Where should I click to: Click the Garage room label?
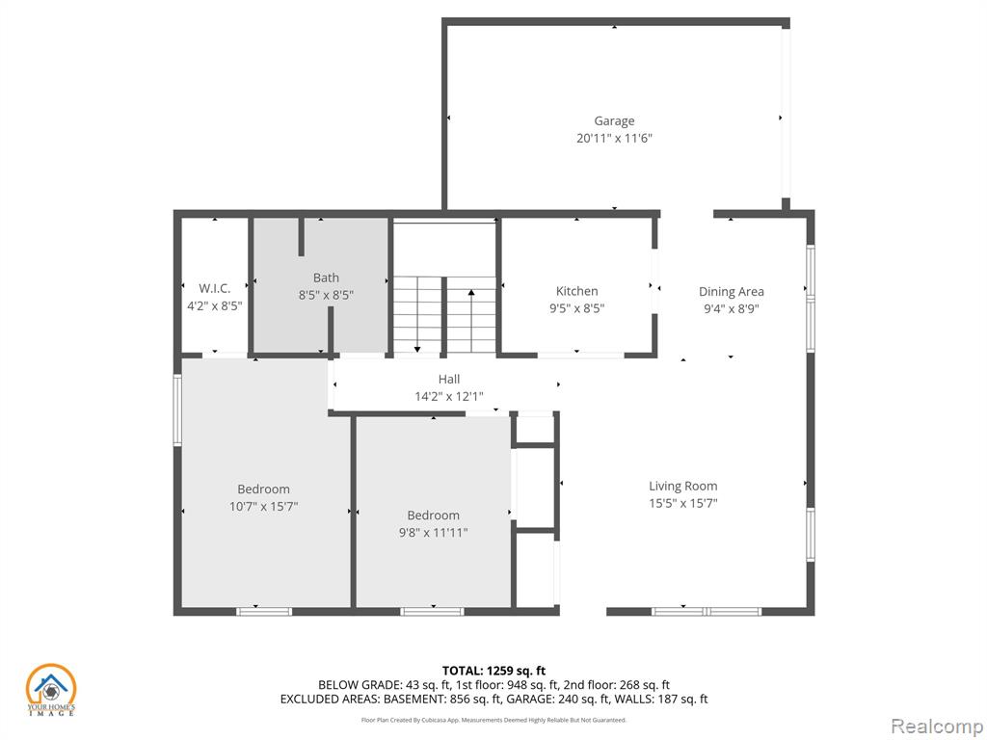point(614,121)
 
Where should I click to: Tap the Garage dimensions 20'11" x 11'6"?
point(614,139)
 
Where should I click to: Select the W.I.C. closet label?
point(215,289)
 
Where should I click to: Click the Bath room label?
point(326,277)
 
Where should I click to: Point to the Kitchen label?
point(576,291)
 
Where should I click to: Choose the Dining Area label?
point(732,292)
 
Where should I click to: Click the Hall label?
point(449,380)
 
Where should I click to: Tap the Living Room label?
point(683,487)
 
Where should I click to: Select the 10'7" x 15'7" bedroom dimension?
point(264,507)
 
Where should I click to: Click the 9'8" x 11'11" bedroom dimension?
point(433,533)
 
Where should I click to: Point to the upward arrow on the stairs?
point(470,321)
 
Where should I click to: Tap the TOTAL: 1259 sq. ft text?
point(493,671)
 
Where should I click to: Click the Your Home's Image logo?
point(50,690)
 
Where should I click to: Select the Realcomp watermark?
point(937,727)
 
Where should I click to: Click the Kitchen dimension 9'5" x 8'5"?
point(576,309)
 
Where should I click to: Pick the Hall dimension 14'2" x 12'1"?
point(449,397)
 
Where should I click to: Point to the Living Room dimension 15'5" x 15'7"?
point(683,503)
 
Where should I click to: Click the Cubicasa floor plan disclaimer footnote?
point(493,720)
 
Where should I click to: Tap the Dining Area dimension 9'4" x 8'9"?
point(732,309)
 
